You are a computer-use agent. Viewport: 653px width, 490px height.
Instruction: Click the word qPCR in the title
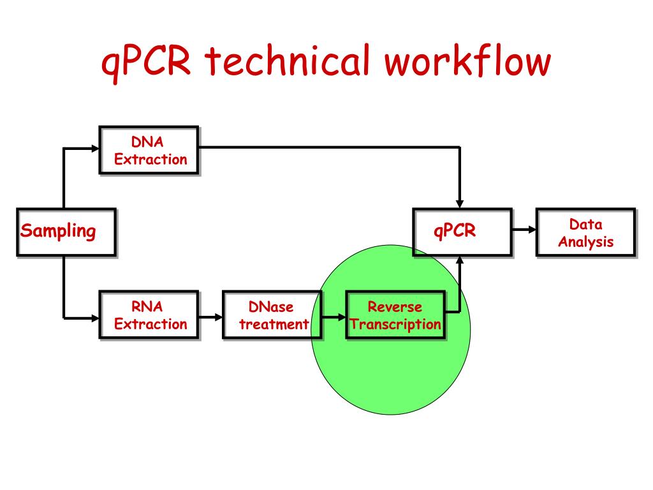[146, 63]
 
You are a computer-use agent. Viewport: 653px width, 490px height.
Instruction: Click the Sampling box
[66, 232]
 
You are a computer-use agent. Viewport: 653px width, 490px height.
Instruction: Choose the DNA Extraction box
[149, 150]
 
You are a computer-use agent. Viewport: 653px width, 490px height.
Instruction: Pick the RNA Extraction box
[149, 315]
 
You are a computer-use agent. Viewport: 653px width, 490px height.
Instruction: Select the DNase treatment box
[272, 315]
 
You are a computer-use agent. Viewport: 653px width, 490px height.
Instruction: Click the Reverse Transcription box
[395, 315]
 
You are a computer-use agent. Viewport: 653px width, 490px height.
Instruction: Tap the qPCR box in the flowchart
[462, 232]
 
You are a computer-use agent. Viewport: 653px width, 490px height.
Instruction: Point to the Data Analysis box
[585, 232]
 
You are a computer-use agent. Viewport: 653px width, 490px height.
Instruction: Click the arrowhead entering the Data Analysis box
[532, 229]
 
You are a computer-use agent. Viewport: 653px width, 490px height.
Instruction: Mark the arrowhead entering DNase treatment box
[218, 318]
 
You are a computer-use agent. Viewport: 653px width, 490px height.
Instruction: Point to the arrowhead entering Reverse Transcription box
[342, 318]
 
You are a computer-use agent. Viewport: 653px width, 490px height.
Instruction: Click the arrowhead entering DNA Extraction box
[95, 148]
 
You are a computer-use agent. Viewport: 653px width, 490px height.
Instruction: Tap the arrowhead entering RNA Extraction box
[95, 318]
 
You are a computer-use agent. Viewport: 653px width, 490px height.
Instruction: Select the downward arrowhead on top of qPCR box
[460, 204]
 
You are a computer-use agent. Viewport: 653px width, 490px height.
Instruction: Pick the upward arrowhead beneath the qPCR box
[460, 260]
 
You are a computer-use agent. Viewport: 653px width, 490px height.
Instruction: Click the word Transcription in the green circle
[395, 325]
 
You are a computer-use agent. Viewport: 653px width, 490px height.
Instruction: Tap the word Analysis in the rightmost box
[586, 242]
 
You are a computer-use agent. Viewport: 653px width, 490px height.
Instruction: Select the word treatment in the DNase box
[274, 324]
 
